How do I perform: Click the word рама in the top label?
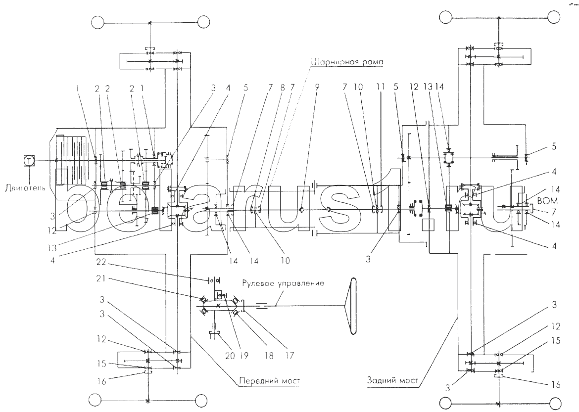(371, 63)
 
